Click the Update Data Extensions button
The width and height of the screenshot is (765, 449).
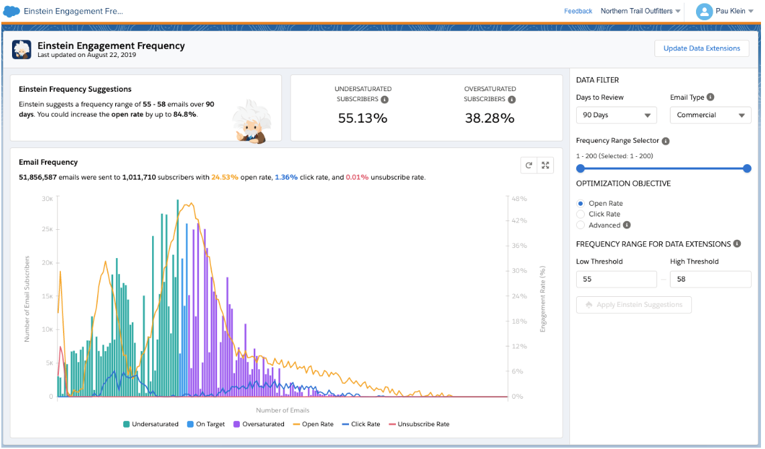[x=701, y=48]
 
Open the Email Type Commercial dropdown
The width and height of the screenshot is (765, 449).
[x=709, y=115]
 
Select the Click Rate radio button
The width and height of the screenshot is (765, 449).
[x=581, y=214]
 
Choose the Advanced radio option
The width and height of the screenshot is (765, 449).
[x=581, y=225]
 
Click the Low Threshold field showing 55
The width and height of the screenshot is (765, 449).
[x=616, y=279]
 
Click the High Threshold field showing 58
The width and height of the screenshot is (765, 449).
[x=710, y=279]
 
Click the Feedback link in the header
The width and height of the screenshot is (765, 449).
[x=577, y=11]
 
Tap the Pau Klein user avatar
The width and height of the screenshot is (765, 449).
[x=704, y=11]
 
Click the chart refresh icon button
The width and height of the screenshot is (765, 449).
[x=529, y=166]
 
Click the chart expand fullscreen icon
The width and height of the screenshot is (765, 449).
[x=545, y=166]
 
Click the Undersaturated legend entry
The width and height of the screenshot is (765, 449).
[x=151, y=424]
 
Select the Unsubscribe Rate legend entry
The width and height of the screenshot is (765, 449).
[x=419, y=424]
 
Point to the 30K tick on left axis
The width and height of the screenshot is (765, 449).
[x=47, y=199]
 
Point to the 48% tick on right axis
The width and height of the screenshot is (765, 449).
[x=520, y=199]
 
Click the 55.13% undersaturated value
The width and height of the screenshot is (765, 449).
[x=362, y=119]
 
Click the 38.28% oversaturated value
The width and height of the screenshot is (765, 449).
[x=489, y=119]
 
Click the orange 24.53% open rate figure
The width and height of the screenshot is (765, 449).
[x=224, y=178]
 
